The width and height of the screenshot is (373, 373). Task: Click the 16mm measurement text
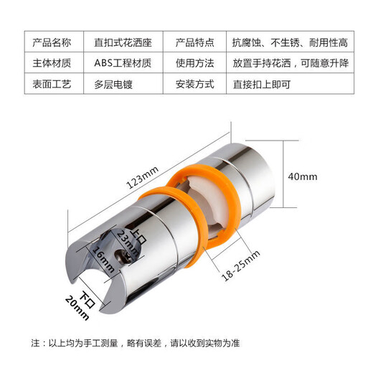coord(102,260)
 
